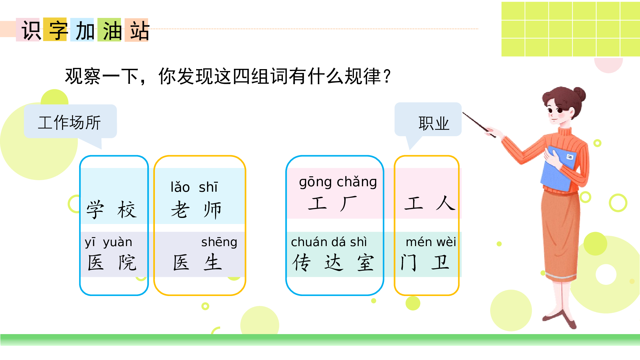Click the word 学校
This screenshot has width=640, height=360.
click(111, 210)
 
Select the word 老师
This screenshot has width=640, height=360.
click(196, 210)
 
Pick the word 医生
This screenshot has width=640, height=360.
click(197, 262)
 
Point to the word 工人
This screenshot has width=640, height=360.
click(429, 204)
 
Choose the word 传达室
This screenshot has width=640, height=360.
click(333, 262)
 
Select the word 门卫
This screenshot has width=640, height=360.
click(425, 262)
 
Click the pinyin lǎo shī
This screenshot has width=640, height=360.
click(194, 187)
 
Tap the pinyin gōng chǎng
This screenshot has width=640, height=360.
click(338, 182)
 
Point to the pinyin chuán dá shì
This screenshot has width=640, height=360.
click(329, 242)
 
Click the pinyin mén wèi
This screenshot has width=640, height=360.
click(431, 242)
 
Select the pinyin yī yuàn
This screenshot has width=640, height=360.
click(108, 242)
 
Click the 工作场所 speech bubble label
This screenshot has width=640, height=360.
click(70, 122)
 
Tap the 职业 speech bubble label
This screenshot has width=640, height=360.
click(434, 123)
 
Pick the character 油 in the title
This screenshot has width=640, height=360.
click(112, 31)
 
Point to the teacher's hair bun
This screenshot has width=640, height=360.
click(579, 94)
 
